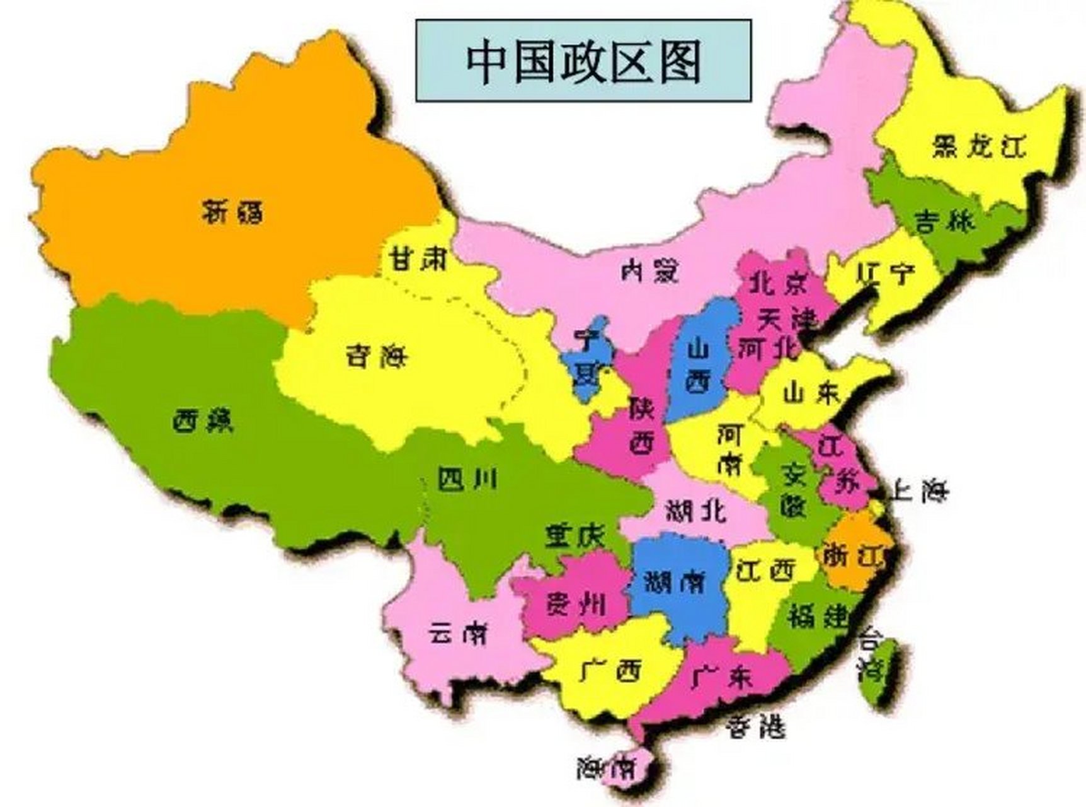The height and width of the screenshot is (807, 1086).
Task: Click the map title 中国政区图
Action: pos(583,61)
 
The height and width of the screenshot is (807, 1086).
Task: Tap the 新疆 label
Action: pos(233,211)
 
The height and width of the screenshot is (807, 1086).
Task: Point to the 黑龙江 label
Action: pos(978,146)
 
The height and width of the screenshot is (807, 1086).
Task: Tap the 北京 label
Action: pos(777,285)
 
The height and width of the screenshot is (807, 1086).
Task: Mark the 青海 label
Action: pos(376,357)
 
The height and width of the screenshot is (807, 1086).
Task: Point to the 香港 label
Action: pos(755,728)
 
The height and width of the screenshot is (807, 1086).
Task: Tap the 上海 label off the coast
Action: pos(918,490)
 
